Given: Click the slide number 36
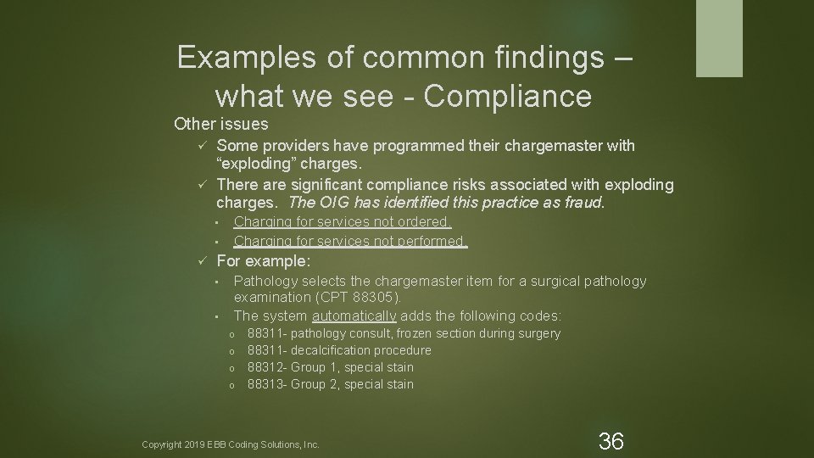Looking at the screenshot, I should [x=611, y=440].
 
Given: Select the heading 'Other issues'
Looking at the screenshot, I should [x=220, y=124].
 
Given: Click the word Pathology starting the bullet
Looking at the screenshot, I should [x=265, y=281].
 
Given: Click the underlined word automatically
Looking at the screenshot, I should [x=354, y=316].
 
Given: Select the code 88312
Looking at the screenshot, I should [x=266, y=367].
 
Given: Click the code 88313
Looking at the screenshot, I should [x=266, y=384].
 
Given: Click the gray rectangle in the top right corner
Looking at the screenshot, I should [x=719, y=38].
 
